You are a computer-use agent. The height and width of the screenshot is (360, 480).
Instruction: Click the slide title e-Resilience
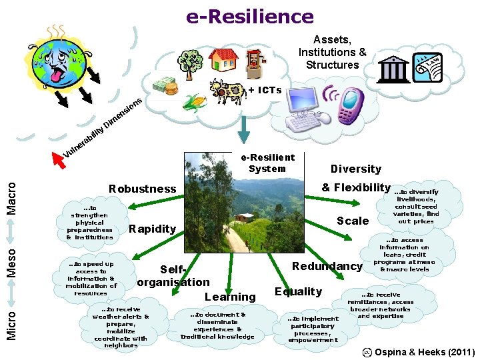click(x=250, y=16)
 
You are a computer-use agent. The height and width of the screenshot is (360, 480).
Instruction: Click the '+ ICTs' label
click(x=265, y=90)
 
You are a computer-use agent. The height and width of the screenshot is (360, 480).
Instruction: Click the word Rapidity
click(x=152, y=229)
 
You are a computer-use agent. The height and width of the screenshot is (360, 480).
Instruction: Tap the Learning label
click(x=230, y=297)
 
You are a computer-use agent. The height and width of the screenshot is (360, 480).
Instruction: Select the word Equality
click(x=298, y=291)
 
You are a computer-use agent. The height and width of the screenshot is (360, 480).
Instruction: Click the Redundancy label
click(x=327, y=266)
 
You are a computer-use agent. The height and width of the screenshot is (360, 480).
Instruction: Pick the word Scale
click(x=353, y=221)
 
